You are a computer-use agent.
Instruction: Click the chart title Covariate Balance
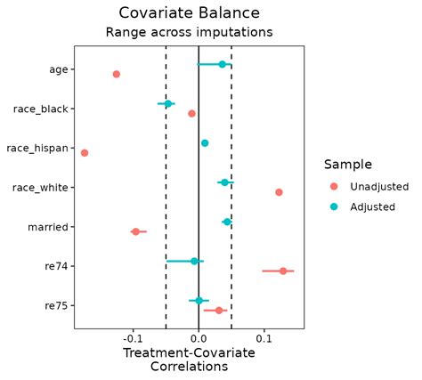[x=189, y=12]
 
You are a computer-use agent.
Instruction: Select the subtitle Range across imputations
[x=189, y=32]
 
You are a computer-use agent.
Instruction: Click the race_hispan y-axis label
[x=37, y=148]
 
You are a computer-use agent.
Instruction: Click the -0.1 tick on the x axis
[x=133, y=339]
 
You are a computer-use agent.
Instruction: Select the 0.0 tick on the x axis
[x=199, y=339]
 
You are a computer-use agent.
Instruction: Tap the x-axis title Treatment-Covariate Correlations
[x=189, y=359]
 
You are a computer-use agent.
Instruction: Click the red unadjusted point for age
[x=116, y=74]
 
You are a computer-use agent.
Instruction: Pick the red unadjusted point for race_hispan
[x=85, y=153]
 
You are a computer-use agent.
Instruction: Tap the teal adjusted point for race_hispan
[x=205, y=142]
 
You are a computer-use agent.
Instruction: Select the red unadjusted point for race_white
[x=279, y=192]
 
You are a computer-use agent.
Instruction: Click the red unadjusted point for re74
[x=283, y=271]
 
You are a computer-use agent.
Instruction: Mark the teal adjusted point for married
[x=226, y=222]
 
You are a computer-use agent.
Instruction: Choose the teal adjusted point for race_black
[x=167, y=103]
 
